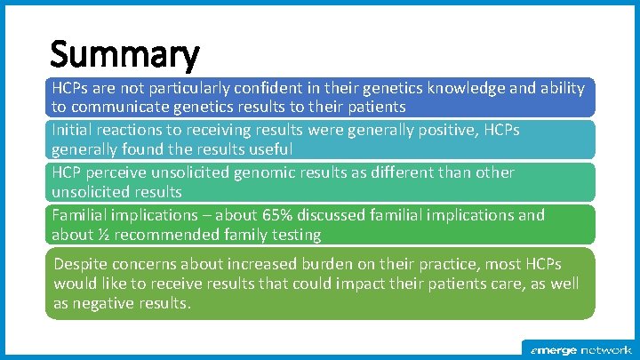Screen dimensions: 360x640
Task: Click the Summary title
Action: (124, 56)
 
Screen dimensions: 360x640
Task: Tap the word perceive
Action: (116, 172)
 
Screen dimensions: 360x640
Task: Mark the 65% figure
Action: (277, 215)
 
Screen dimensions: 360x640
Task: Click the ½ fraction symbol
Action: (99, 235)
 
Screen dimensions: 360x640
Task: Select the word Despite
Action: (80, 264)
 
